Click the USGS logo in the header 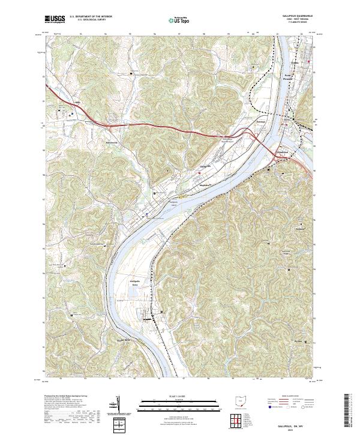pos(55,19)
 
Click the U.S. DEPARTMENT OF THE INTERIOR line pos(91,16)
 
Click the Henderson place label pos(281,152)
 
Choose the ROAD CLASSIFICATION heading pos(290,397)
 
